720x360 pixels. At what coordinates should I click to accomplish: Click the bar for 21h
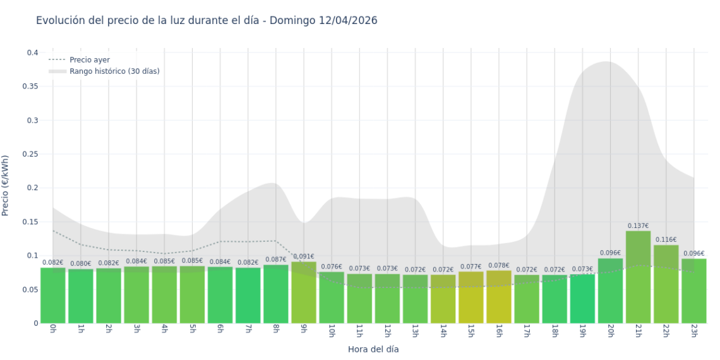[x=638, y=278]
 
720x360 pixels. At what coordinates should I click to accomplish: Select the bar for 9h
[x=304, y=292]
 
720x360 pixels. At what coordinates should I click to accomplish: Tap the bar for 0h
[x=53, y=296]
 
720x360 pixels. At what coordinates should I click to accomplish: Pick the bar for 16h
[x=499, y=297]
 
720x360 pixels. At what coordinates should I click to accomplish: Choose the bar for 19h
[x=582, y=299]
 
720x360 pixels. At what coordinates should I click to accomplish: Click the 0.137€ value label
[x=638, y=225]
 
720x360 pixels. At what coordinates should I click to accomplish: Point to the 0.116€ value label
[x=666, y=240]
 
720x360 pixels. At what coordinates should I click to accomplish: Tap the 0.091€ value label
[x=304, y=256]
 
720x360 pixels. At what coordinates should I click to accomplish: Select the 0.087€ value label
[x=276, y=260]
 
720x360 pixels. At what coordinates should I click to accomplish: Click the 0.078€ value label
[x=499, y=265]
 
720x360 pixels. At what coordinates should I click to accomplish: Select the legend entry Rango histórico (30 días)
[x=114, y=71]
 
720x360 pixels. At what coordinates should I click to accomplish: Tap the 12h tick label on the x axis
[x=387, y=332]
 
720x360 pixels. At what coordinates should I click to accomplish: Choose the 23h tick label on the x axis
[x=693, y=332]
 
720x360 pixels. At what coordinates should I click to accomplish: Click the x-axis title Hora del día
[x=373, y=349]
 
